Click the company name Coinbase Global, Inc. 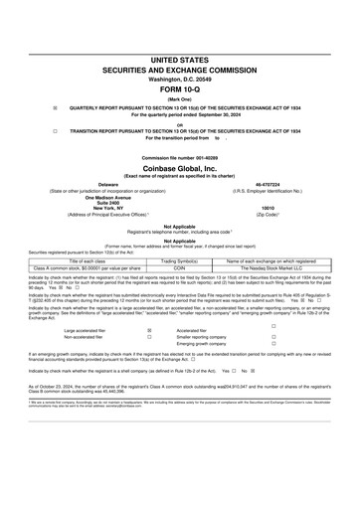(x=179, y=167)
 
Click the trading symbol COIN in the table (x=180, y=267)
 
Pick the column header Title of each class (x=84, y=260)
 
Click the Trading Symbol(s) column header (x=180, y=260)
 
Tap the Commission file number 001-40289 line (x=179, y=157)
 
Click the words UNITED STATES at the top (x=179, y=61)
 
